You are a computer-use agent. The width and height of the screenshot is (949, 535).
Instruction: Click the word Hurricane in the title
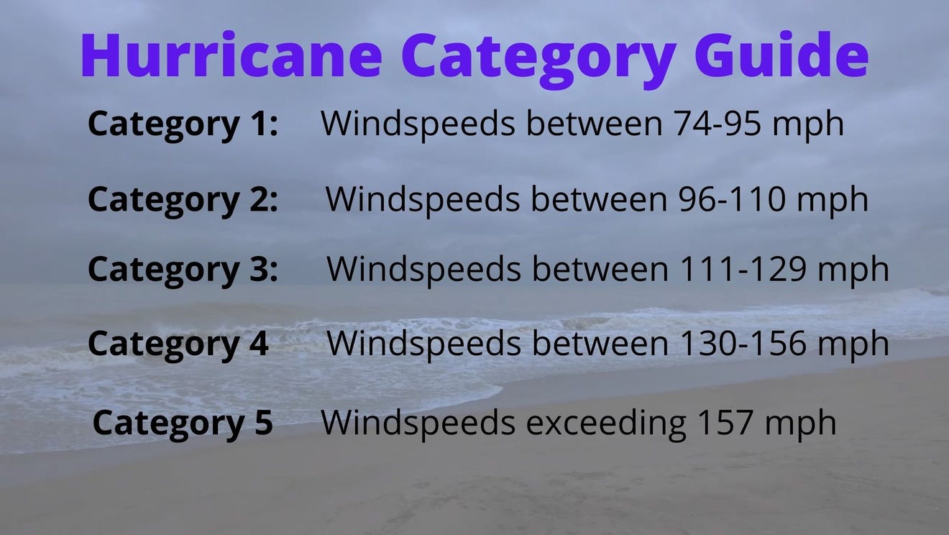[231, 57]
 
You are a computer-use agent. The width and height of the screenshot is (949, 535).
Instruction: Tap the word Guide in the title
[781, 57]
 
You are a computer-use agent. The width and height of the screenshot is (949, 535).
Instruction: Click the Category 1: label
[183, 124]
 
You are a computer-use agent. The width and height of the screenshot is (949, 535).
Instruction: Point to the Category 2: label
[183, 199]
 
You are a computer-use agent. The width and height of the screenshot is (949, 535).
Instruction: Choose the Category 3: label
[183, 270]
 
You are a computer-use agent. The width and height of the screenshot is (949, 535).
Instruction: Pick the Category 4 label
[178, 344]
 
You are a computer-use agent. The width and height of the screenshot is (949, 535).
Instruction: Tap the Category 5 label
[183, 423]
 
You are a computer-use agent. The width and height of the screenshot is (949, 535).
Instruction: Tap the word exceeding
[606, 423]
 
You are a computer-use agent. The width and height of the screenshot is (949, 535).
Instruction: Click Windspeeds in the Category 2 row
[422, 199]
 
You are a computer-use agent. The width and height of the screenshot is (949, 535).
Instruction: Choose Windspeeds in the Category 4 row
[424, 344]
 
